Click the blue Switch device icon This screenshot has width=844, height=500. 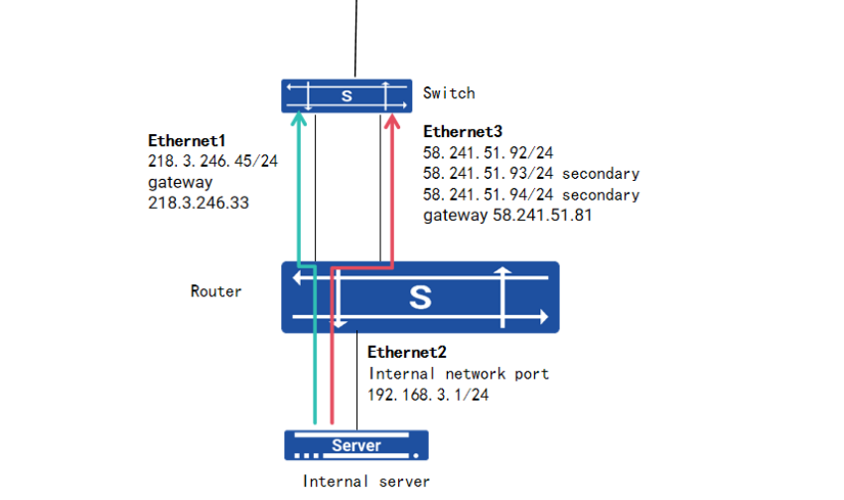tap(347, 95)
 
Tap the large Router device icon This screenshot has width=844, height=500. tap(420, 297)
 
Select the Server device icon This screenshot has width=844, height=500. tap(356, 445)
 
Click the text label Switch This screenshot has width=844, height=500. tap(449, 93)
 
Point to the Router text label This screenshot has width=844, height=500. tap(215, 291)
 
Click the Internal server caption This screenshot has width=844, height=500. tap(366, 481)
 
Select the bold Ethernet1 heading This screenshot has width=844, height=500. tap(187, 140)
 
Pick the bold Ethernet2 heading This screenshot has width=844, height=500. tap(407, 352)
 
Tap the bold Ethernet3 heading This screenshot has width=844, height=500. tap(463, 131)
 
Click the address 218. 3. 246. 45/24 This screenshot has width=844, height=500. tap(213, 161)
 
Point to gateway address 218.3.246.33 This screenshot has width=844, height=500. tap(199, 203)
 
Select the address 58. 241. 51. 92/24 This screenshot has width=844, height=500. tap(489, 153)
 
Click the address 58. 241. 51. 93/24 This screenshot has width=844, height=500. tap(489, 174)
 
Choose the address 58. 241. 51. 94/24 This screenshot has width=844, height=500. tap(489, 195)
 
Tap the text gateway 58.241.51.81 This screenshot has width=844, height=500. tap(507, 215)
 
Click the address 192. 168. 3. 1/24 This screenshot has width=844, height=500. tap(428, 395)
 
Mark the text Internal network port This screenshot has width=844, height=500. tap(459, 374)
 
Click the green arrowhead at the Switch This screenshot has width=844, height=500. tap(299, 118)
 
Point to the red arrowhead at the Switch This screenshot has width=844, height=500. tap(392, 120)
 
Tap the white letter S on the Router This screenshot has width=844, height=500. tap(420, 297)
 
